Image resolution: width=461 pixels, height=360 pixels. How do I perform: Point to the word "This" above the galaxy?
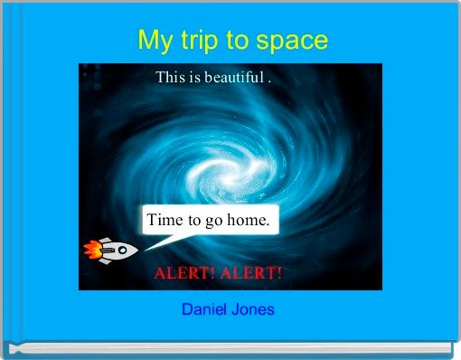[169, 77]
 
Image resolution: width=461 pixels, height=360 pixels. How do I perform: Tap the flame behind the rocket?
[90, 249]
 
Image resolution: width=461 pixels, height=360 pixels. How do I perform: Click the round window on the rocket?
[121, 249]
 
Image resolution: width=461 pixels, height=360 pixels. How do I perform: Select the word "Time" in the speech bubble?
[165, 220]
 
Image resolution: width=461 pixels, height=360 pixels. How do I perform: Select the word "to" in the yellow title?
[236, 41]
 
